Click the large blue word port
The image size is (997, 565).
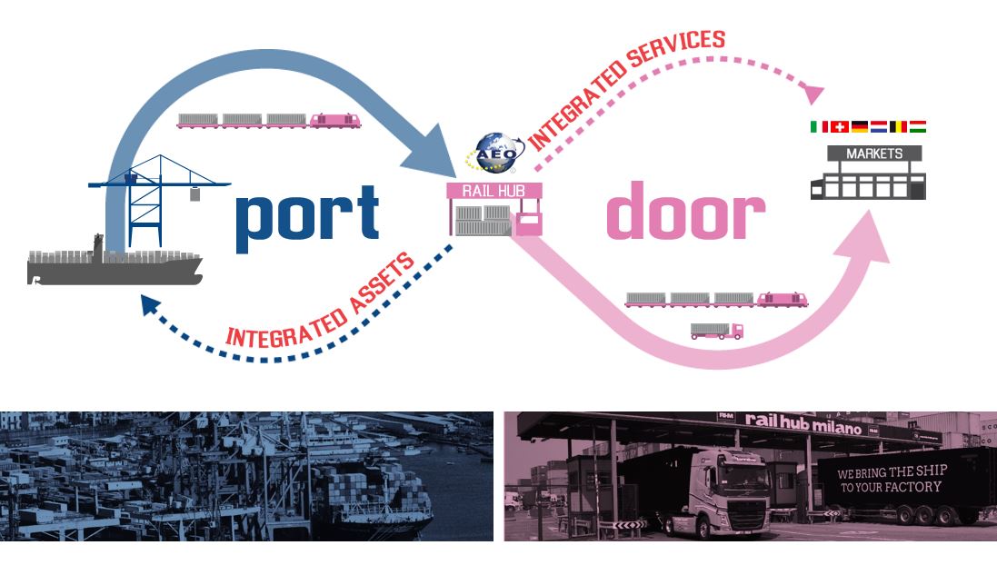[x=306, y=215]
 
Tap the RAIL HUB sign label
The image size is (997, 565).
[x=494, y=190]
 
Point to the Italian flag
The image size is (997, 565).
[x=819, y=127]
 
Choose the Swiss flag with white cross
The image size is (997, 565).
[x=840, y=127]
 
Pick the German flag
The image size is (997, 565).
[x=859, y=127]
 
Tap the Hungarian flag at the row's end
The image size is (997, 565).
[x=918, y=127]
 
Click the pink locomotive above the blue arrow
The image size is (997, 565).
[x=334, y=121]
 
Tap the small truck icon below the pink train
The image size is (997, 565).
[x=716, y=331]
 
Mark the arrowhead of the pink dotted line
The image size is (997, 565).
[x=813, y=93]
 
